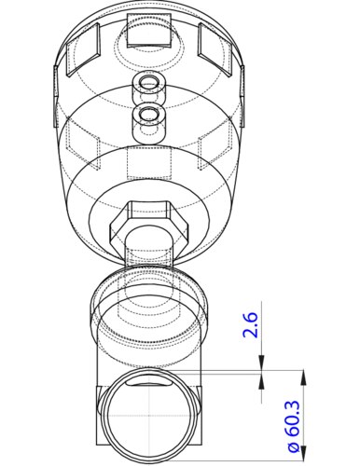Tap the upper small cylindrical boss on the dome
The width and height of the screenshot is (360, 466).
tap(146, 85)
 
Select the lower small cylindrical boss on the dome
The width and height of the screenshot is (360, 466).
tap(146, 116)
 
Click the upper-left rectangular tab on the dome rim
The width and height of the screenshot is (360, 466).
tap(79, 51)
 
